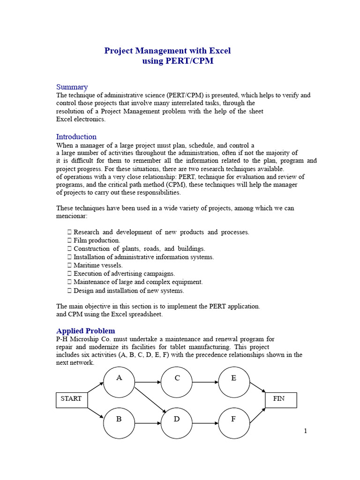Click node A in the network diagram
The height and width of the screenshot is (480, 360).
[119, 382]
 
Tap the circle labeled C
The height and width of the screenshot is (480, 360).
[177, 382]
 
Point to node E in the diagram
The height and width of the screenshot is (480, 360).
[234, 382]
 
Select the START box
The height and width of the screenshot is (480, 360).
[72, 399]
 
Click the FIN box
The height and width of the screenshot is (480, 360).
[281, 399]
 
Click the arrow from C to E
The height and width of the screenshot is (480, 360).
[205, 382]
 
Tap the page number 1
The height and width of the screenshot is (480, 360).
[305, 431]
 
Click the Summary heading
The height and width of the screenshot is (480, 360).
[72, 87]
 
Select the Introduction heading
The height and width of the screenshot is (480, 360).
[76, 137]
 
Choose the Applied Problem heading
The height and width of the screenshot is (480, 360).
[85, 331]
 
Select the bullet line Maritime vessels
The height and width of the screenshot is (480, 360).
[98, 265]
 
